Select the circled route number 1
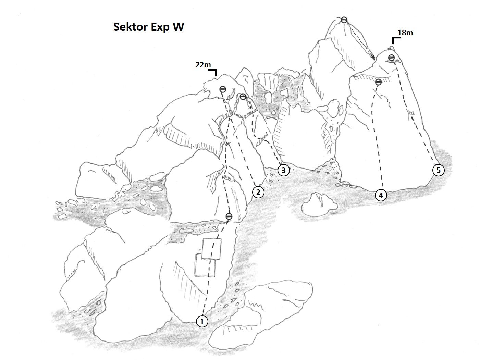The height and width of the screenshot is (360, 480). pos(202,322)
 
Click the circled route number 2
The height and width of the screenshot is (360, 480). pos(258,192)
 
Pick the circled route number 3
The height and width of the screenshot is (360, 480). pos(283,170)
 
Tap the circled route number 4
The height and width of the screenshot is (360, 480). pos(381,195)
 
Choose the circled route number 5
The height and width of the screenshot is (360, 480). pos(439,170)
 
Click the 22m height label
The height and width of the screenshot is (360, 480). pos(203,65)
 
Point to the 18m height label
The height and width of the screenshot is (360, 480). pos(405,33)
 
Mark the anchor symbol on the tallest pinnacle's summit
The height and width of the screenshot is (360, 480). pos(344,20)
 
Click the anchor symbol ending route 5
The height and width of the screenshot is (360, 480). pos(391,57)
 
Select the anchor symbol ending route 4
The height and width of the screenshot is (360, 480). pos(379,82)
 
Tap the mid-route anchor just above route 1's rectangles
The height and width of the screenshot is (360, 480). pos(229,216)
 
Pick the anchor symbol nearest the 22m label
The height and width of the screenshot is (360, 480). pos(223,89)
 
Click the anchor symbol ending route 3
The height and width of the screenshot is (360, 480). pos(243,97)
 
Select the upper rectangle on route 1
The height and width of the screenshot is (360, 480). pos(211,249)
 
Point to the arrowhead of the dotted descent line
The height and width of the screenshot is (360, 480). pos(374,59)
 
